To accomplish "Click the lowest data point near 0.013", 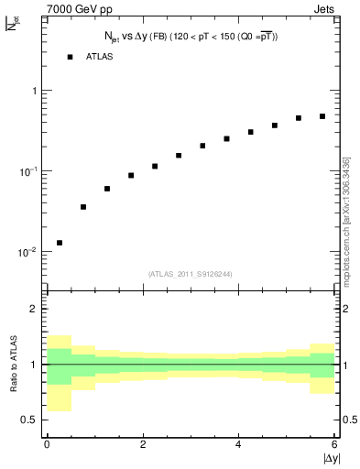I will (60, 243).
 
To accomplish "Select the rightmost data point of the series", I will (322, 116).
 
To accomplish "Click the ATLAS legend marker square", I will (70, 57).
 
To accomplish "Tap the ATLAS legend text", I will (101, 57).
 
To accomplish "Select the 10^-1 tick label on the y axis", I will (26, 171).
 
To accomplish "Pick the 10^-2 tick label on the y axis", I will (26, 252).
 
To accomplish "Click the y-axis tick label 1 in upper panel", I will (33, 92).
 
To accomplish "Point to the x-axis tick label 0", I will (47, 444).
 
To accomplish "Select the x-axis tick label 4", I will (238, 444).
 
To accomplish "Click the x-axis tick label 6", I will (334, 444).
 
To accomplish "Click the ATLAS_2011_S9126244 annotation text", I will (191, 273).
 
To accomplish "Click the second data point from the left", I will (83, 207).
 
